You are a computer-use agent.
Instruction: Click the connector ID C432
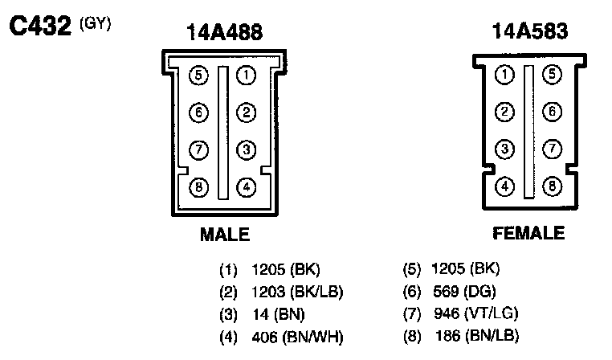(x=41, y=27)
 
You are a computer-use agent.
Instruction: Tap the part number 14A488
(x=224, y=33)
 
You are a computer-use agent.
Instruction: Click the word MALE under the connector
(x=225, y=235)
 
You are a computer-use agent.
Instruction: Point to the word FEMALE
(x=528, y=234)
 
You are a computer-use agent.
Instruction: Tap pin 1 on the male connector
(x=247, y=76)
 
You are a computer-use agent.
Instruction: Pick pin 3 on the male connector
(x=247, y=150)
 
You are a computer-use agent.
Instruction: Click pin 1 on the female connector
(x=504, y=76)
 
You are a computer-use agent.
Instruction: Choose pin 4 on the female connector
(x=504, y=187)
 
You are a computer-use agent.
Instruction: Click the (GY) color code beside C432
(x=95, y=22)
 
